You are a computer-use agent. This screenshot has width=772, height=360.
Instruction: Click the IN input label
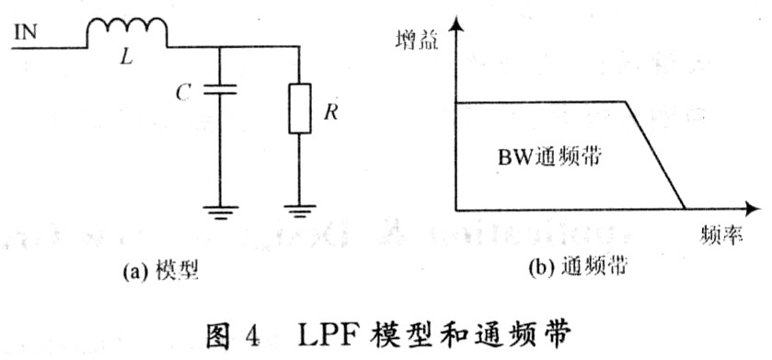25,33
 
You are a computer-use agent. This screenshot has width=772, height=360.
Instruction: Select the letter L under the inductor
127,60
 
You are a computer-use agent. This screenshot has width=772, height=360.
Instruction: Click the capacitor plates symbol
220,89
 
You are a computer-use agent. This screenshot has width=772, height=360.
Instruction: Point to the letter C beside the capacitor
183,93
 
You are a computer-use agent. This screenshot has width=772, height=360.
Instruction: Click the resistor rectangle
299,109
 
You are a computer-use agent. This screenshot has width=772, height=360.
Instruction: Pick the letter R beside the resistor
331,112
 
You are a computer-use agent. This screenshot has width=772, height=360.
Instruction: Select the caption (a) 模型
160,271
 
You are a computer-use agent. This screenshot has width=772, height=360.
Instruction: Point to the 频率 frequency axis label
720,237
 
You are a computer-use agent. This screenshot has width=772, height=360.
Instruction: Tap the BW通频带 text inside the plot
549,157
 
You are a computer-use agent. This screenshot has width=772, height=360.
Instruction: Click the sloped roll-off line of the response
655,155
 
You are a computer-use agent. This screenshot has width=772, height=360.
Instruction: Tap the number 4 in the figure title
251,338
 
